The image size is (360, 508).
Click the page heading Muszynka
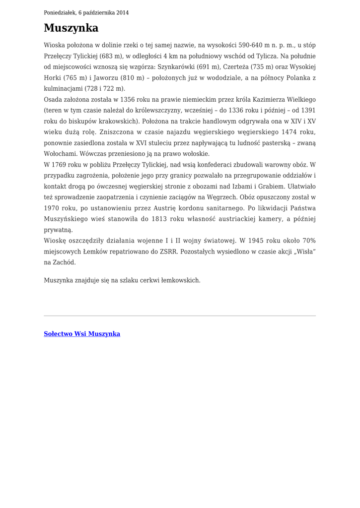tap(71, 28)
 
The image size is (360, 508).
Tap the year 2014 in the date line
tap(122, 12)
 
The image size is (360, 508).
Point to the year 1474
tap(291, 132)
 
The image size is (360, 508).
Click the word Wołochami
tap(60, 154)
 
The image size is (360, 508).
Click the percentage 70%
tap(307, 241)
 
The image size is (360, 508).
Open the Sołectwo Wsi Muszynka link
tap(82, 334)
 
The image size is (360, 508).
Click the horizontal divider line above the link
tap(180, 316)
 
